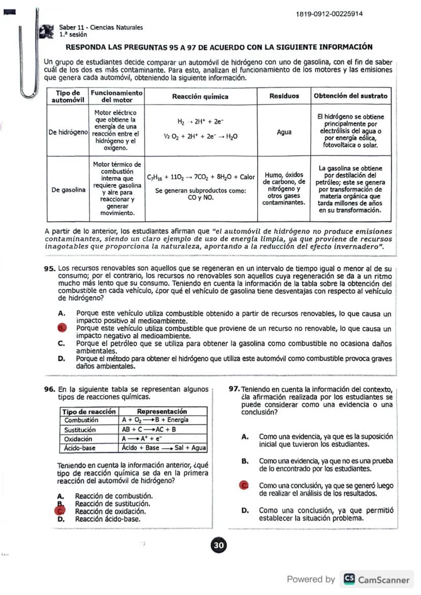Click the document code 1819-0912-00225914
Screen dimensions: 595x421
(329, 14)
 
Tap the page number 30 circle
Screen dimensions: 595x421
(219, 545)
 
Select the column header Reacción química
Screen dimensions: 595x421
(200, 96)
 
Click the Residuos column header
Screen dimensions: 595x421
(284, 96)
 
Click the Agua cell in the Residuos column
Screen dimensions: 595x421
(284, 132)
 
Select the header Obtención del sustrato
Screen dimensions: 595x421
(350, 96)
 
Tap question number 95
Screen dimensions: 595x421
(49, 268)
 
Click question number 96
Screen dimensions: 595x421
(49, 389)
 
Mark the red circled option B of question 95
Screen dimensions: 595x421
(62, 328)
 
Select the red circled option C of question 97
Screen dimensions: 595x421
(245, 486)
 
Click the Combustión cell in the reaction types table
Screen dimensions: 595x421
(81, 420)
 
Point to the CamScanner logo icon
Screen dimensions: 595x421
(349, 579)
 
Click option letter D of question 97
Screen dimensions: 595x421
(245, 510)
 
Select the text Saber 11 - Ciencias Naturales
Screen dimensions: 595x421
(101, 27)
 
